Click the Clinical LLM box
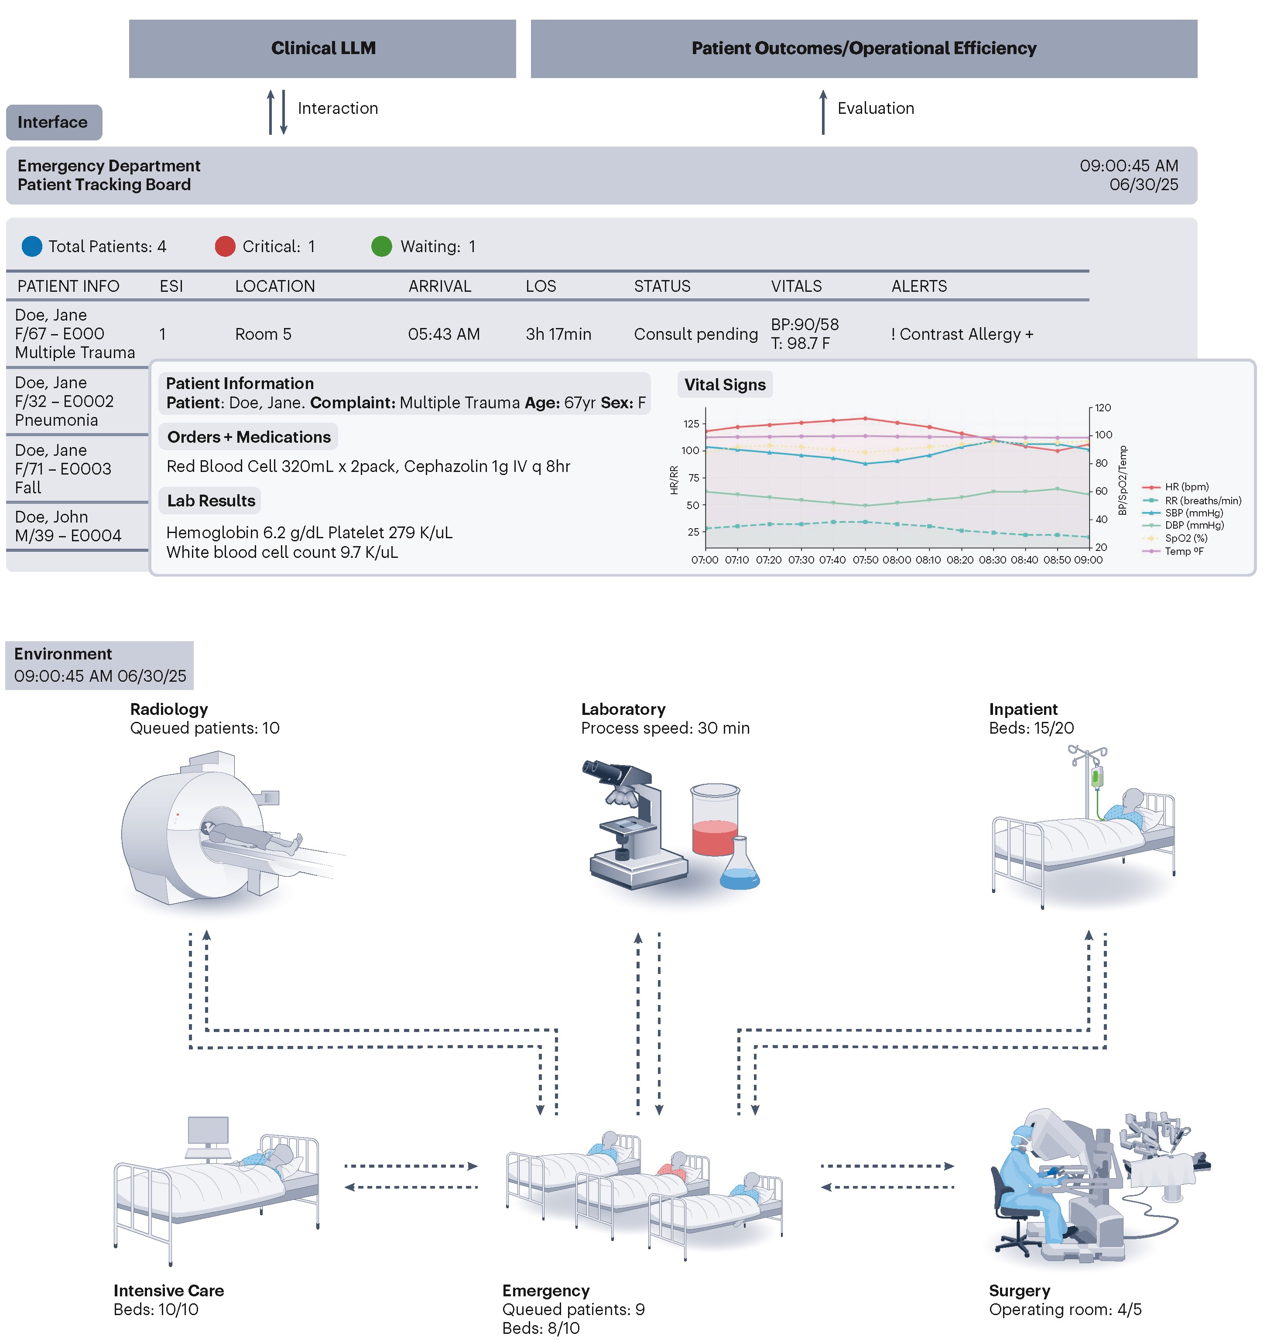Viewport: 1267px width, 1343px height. point(322,49)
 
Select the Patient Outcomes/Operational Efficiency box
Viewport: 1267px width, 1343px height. point(863,49)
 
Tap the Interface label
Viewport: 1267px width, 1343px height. point(53,122)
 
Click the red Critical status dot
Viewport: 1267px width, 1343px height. point(225,246)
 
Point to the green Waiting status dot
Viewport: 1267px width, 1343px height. point(382,246)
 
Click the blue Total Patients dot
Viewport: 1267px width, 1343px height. point(32,246)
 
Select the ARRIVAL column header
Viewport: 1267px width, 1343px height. point(439,287)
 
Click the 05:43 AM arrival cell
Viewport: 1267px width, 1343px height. point(444,335)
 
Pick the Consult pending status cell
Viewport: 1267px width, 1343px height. point(695,335)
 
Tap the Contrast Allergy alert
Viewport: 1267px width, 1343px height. point(962,335)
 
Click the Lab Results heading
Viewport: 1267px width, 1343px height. point(211,501)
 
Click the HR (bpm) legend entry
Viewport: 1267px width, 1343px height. point(1185,487)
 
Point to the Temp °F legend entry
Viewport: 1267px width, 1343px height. point(1183,552)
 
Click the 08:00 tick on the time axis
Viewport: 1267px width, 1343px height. point(896,560)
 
